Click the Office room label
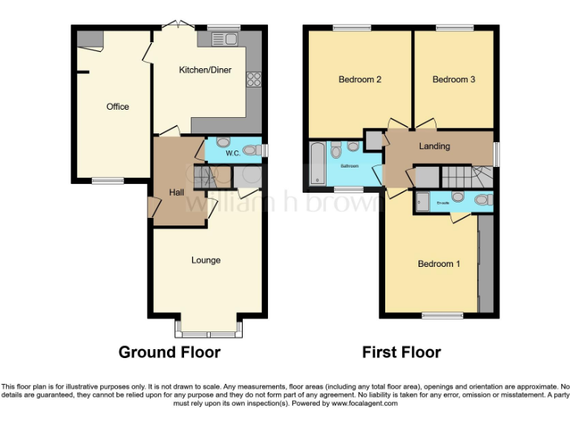(117, 107)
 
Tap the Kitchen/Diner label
(206, 70)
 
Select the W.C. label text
(232, 153)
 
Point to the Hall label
(177, 193)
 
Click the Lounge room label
(206, 260)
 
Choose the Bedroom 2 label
(360, 79)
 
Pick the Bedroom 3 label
(453, 79)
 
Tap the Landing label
(434, 146)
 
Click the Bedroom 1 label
(439, 264)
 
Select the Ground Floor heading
(169, 352)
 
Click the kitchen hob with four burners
(253, 79)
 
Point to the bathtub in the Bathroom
(318, 162)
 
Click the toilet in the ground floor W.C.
(252, 150)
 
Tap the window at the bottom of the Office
(108, 179)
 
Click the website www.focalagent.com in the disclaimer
(364, 404)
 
